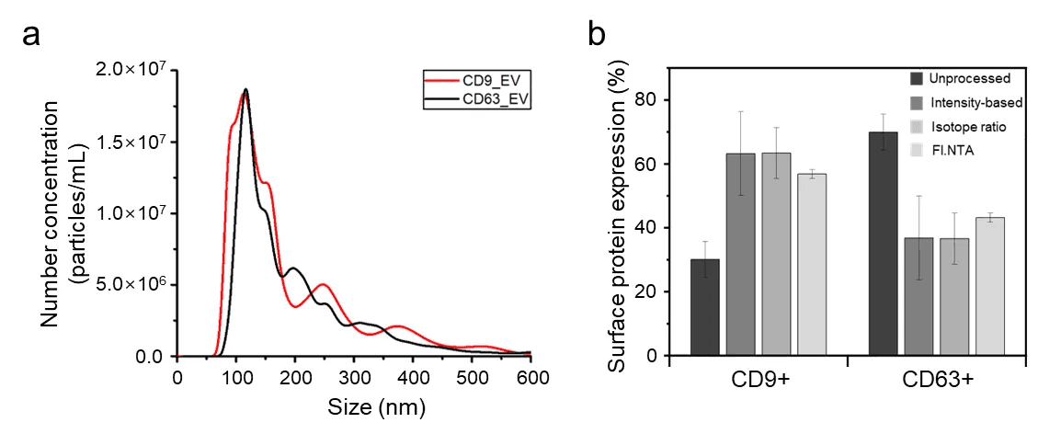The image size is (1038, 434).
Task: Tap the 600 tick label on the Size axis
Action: click(x=531, y=376)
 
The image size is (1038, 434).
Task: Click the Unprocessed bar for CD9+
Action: click(x=705, y=308)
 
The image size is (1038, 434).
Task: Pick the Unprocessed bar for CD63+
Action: click(x=884, y=244)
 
